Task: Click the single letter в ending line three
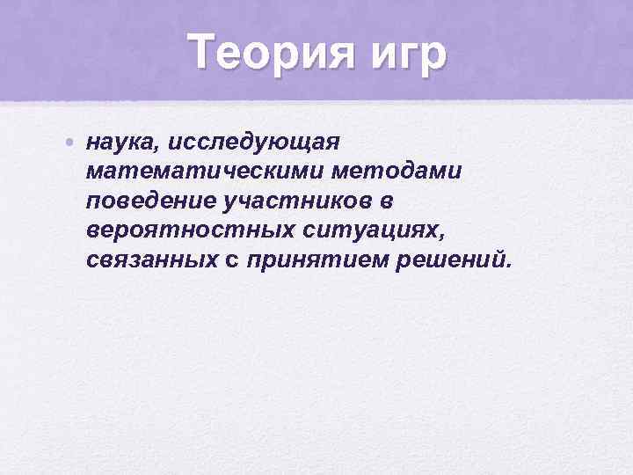coord(386,201)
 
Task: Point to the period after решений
coord(507,267)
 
